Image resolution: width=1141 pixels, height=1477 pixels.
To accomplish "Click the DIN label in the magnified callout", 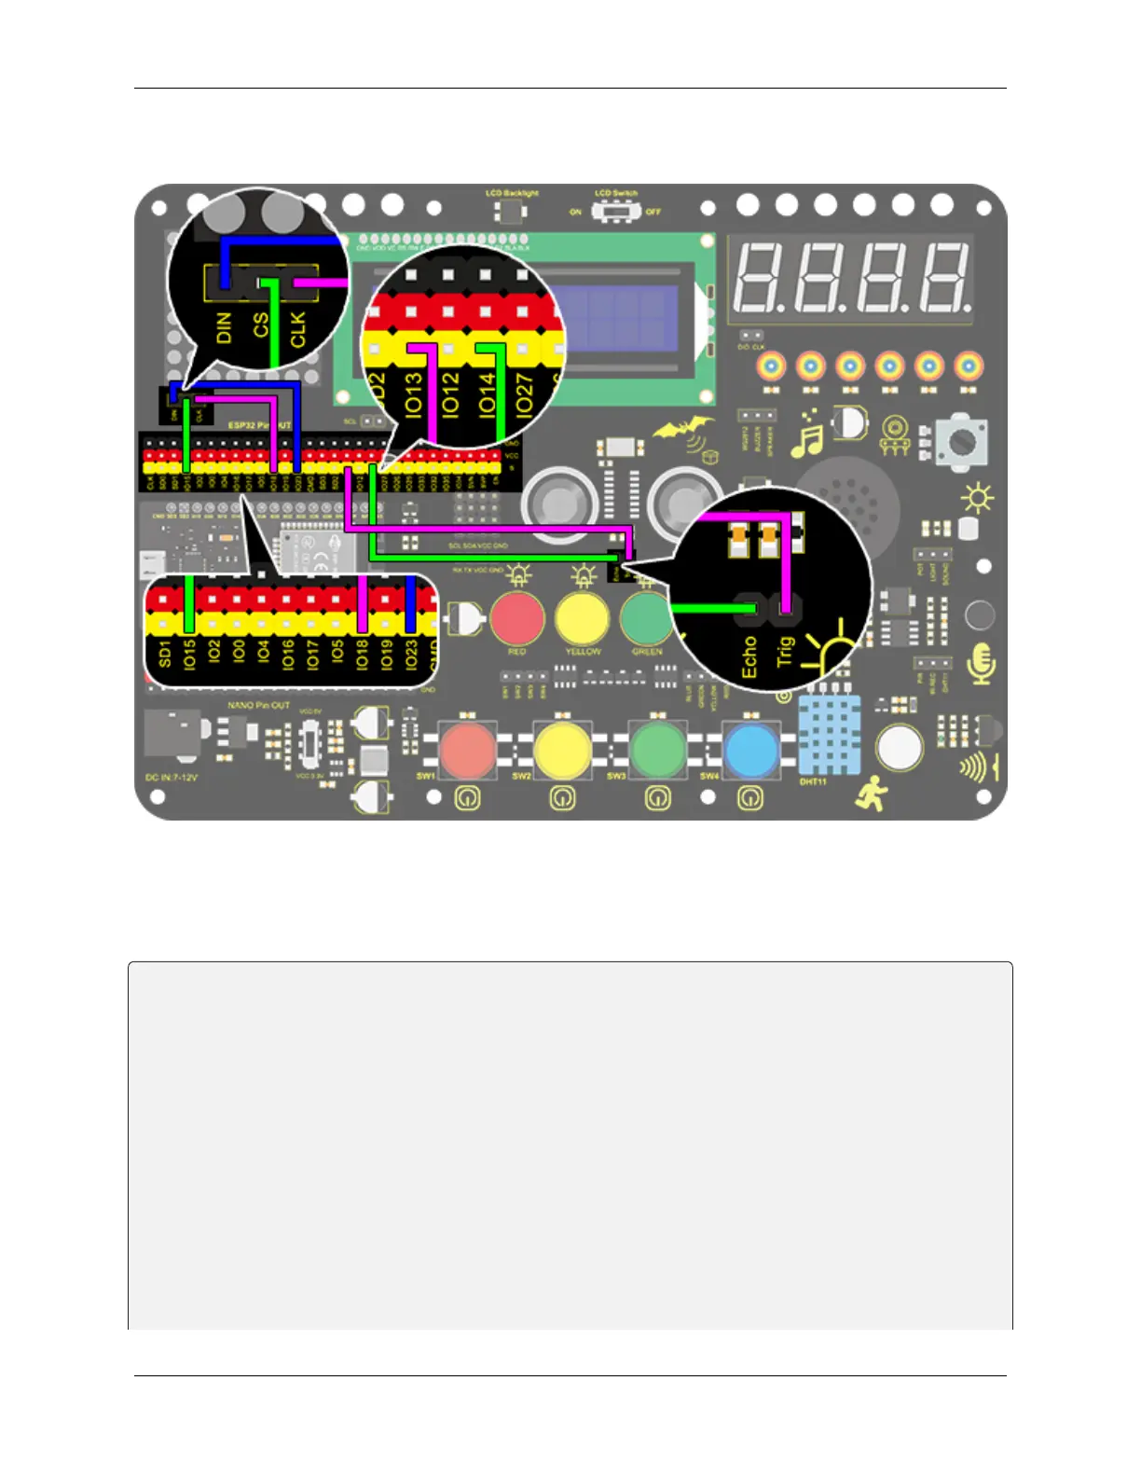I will tap(224, 328).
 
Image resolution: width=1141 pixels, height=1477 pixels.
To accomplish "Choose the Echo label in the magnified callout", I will tap(749, 656).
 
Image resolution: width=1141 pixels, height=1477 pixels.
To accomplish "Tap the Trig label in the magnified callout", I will tap(785, 650).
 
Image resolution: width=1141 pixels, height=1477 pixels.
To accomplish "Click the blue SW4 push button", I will tap(750, 750).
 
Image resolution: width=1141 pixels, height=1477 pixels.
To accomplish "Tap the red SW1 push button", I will tap(467, 750).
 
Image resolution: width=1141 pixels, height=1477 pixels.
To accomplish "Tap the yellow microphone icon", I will tap(981, 663).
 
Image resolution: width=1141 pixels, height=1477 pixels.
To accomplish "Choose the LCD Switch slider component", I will tap(615, 212).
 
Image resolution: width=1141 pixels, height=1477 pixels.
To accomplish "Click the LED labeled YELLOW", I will tap(582, 618).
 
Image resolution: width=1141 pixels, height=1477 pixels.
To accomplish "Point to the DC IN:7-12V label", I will tap(172, 777).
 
